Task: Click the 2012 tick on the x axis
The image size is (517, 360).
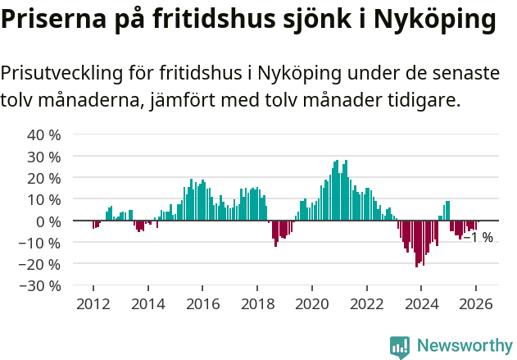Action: pos(93,304)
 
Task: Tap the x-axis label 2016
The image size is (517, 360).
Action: pos(202,304)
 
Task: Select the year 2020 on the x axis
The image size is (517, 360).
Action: pos(311,304)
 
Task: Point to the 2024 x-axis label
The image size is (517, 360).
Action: pos(421,304)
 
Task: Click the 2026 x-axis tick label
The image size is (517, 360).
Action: pos(476,304)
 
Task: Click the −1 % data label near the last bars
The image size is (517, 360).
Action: pos(478,238)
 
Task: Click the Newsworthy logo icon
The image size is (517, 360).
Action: pos(400,347)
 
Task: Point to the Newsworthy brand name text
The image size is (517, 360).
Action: pos(465,346)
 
